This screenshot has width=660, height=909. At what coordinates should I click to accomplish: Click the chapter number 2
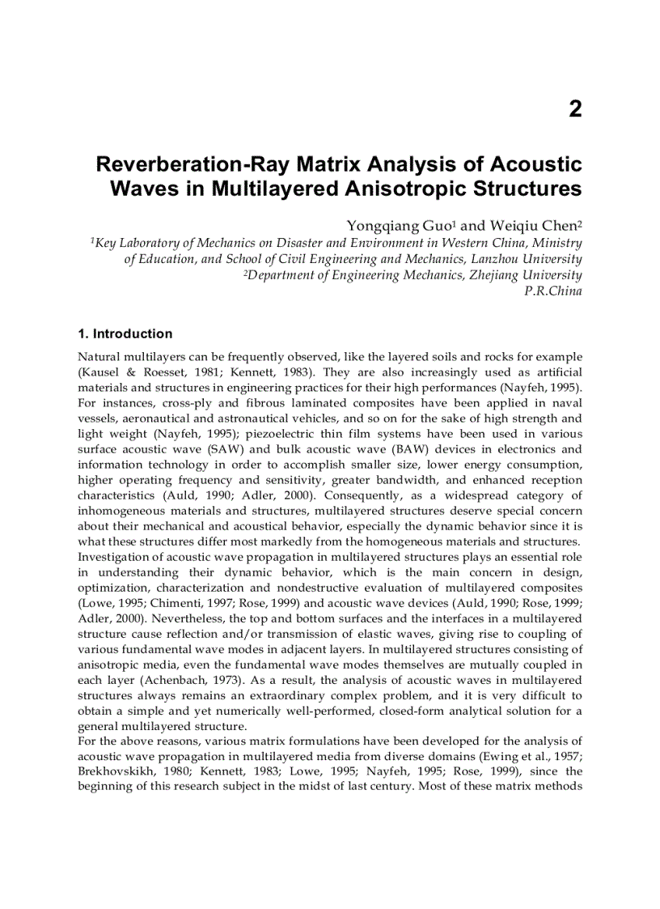(x=574, y=109)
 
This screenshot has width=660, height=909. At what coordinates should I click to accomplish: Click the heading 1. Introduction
(x=125, y=333)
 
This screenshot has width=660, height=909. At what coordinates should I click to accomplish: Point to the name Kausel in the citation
(x=101, y=372)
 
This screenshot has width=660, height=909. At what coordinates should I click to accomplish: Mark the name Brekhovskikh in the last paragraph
(x=115, y=771)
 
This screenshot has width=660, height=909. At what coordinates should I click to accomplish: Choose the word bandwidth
(x=417, y=480)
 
